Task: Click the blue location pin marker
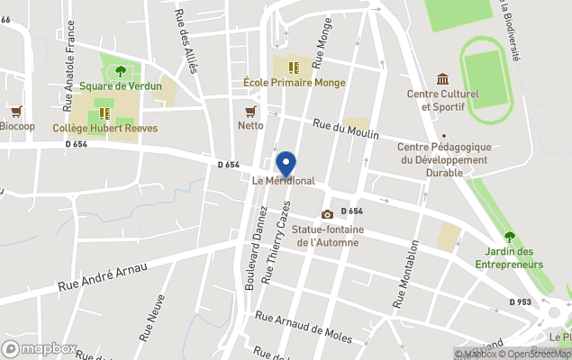pyautogui.click(x=286, y=164)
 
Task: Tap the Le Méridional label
pyautogui.click(x=284, y=181)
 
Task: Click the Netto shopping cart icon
pyautogui.click(x=250, y=111)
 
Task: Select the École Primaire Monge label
pyautogui.click(x=282, y=82)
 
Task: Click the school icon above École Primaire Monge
pyautogui.click(x=292, y=67)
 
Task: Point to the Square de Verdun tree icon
pyautogui.click(x=121, y=71)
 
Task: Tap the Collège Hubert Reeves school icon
pyautogui.click(x=104, y=113)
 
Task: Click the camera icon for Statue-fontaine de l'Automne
pyautogui.click(x=327, y=214)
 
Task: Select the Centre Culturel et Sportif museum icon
pyautogui.click(x=442, y=79)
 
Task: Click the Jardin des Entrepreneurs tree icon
pyautogui.click(x=510, y=237)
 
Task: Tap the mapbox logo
pyautogui.click(x=41, y=348)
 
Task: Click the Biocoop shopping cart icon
pyautogui.click(x=16, y=111)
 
